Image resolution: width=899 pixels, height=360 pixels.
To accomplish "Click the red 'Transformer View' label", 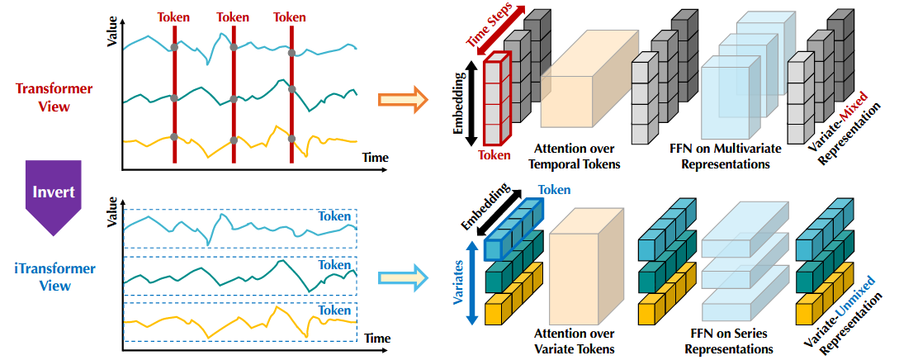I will point(54,97).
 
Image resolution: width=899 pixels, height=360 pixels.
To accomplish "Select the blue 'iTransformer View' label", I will point(54,277).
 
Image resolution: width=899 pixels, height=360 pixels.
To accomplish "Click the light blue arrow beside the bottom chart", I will point(402,278).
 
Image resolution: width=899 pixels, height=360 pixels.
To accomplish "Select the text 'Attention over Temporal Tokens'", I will point(577,156).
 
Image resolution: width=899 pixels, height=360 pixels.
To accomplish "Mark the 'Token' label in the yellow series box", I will point(334,310).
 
